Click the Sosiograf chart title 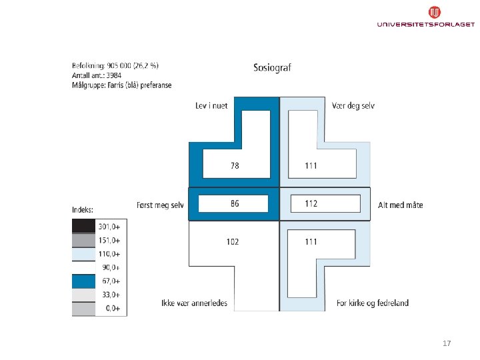pyautogui.click(x=272, y=67)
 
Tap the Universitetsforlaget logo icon pyautogui.click(x=434, y=12)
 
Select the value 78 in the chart pyautogui.click(x=235, y=165)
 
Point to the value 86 pyautogui.click(x=235, y=204)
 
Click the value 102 pyautogui.click(x=232, y=242)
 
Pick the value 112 pyautogui.click(x=311, y=204)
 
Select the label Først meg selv pyautogui.click(x=160, y=205)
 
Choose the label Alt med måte pyautogui.click(x=400, y=205)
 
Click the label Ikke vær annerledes pyautogui.click(x=194, y=303)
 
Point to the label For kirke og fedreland pyautogui.click(x=373, y=303)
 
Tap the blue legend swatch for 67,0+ pyautogui.click(x=83, y=281)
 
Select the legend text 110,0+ pyautogui.click(x=109, y=254)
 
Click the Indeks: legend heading pyautogui.click(x=83, y=210)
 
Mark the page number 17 pyautogui.click(x=447, y=343)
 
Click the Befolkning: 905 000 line pyautogui.click(x=115, y=65)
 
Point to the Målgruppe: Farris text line pyautogui.click(x=121, y=85)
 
